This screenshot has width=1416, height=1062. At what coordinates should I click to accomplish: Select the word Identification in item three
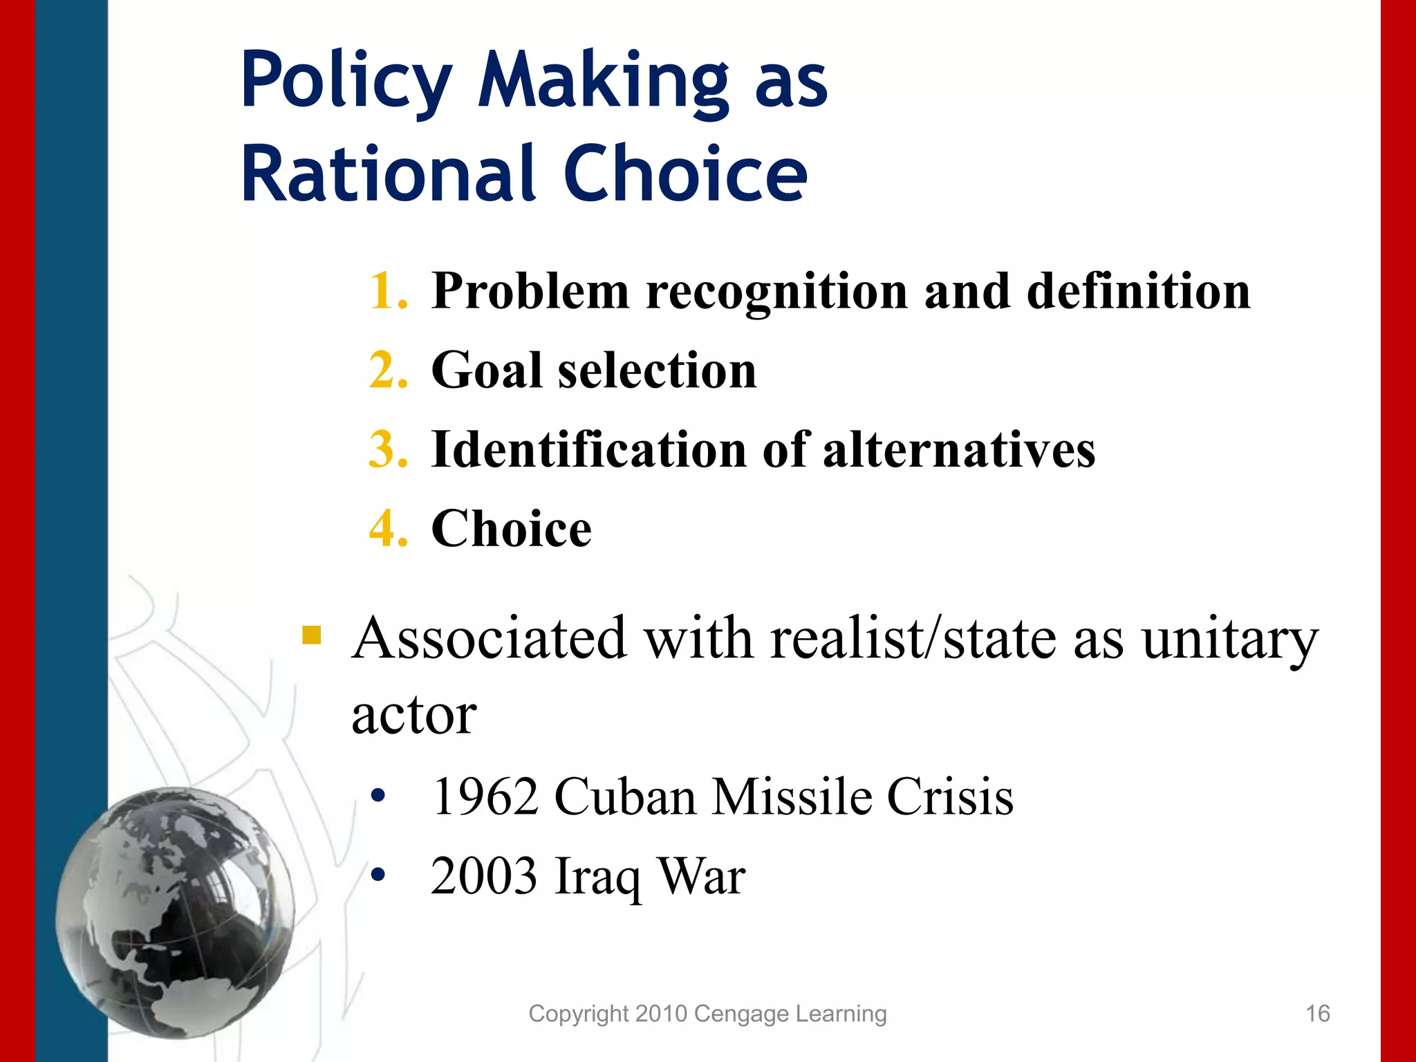coord(588,449)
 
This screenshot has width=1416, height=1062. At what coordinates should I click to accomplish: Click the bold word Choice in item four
coord(511,529)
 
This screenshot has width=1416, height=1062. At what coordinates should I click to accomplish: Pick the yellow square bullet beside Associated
coord(312,635)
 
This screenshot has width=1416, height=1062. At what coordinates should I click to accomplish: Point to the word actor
coord(413,714)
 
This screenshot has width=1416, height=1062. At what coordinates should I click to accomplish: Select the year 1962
coord(485,797)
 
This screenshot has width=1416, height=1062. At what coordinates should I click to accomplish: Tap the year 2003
coord(483,877)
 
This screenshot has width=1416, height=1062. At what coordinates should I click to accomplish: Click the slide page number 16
coord(1317,1014)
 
